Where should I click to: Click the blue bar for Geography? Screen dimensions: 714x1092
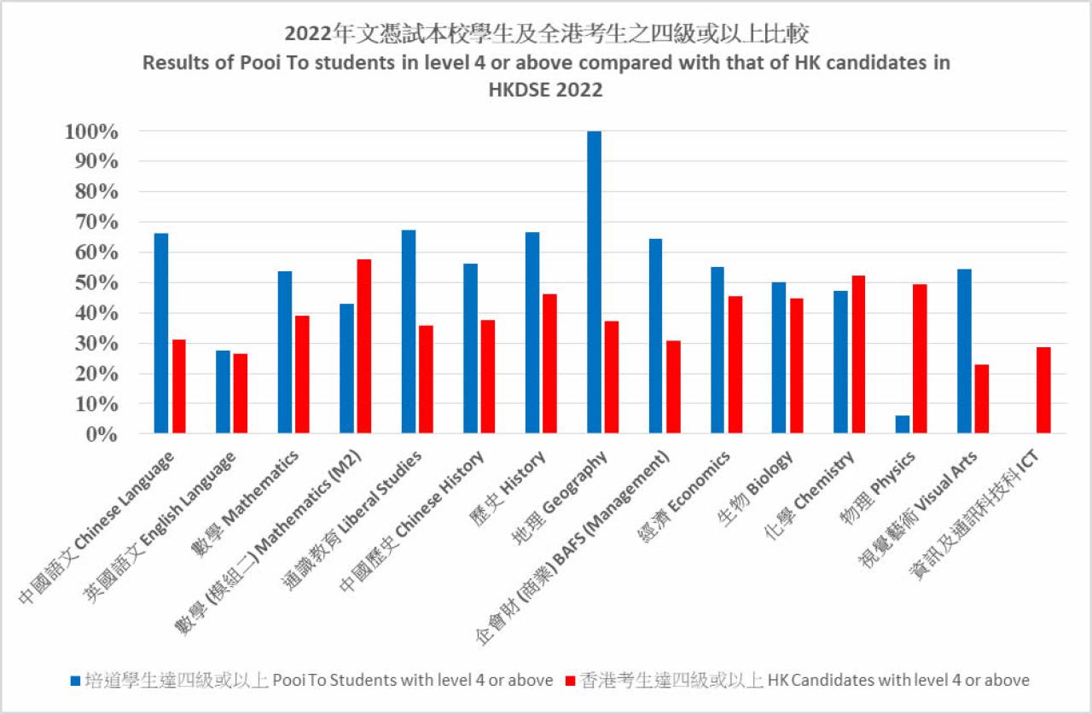point(594,282)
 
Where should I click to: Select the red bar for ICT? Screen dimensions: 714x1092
point(1043,391)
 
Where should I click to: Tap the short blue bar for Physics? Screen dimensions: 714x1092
point(902,424)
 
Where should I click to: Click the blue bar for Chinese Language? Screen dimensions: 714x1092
point(160,334)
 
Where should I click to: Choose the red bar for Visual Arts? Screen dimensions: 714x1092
point(981,399)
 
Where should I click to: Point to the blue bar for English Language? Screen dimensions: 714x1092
point(223,392)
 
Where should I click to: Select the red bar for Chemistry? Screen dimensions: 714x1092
point(857,355)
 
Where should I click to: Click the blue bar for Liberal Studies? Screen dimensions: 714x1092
point(408,332)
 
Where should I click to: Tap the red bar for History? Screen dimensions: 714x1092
point(549,364)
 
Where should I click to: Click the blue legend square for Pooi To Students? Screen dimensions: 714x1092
point(75,681)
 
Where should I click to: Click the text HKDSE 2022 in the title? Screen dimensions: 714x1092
point(545,90)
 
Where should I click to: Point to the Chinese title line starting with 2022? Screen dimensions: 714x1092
point(546,33)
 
